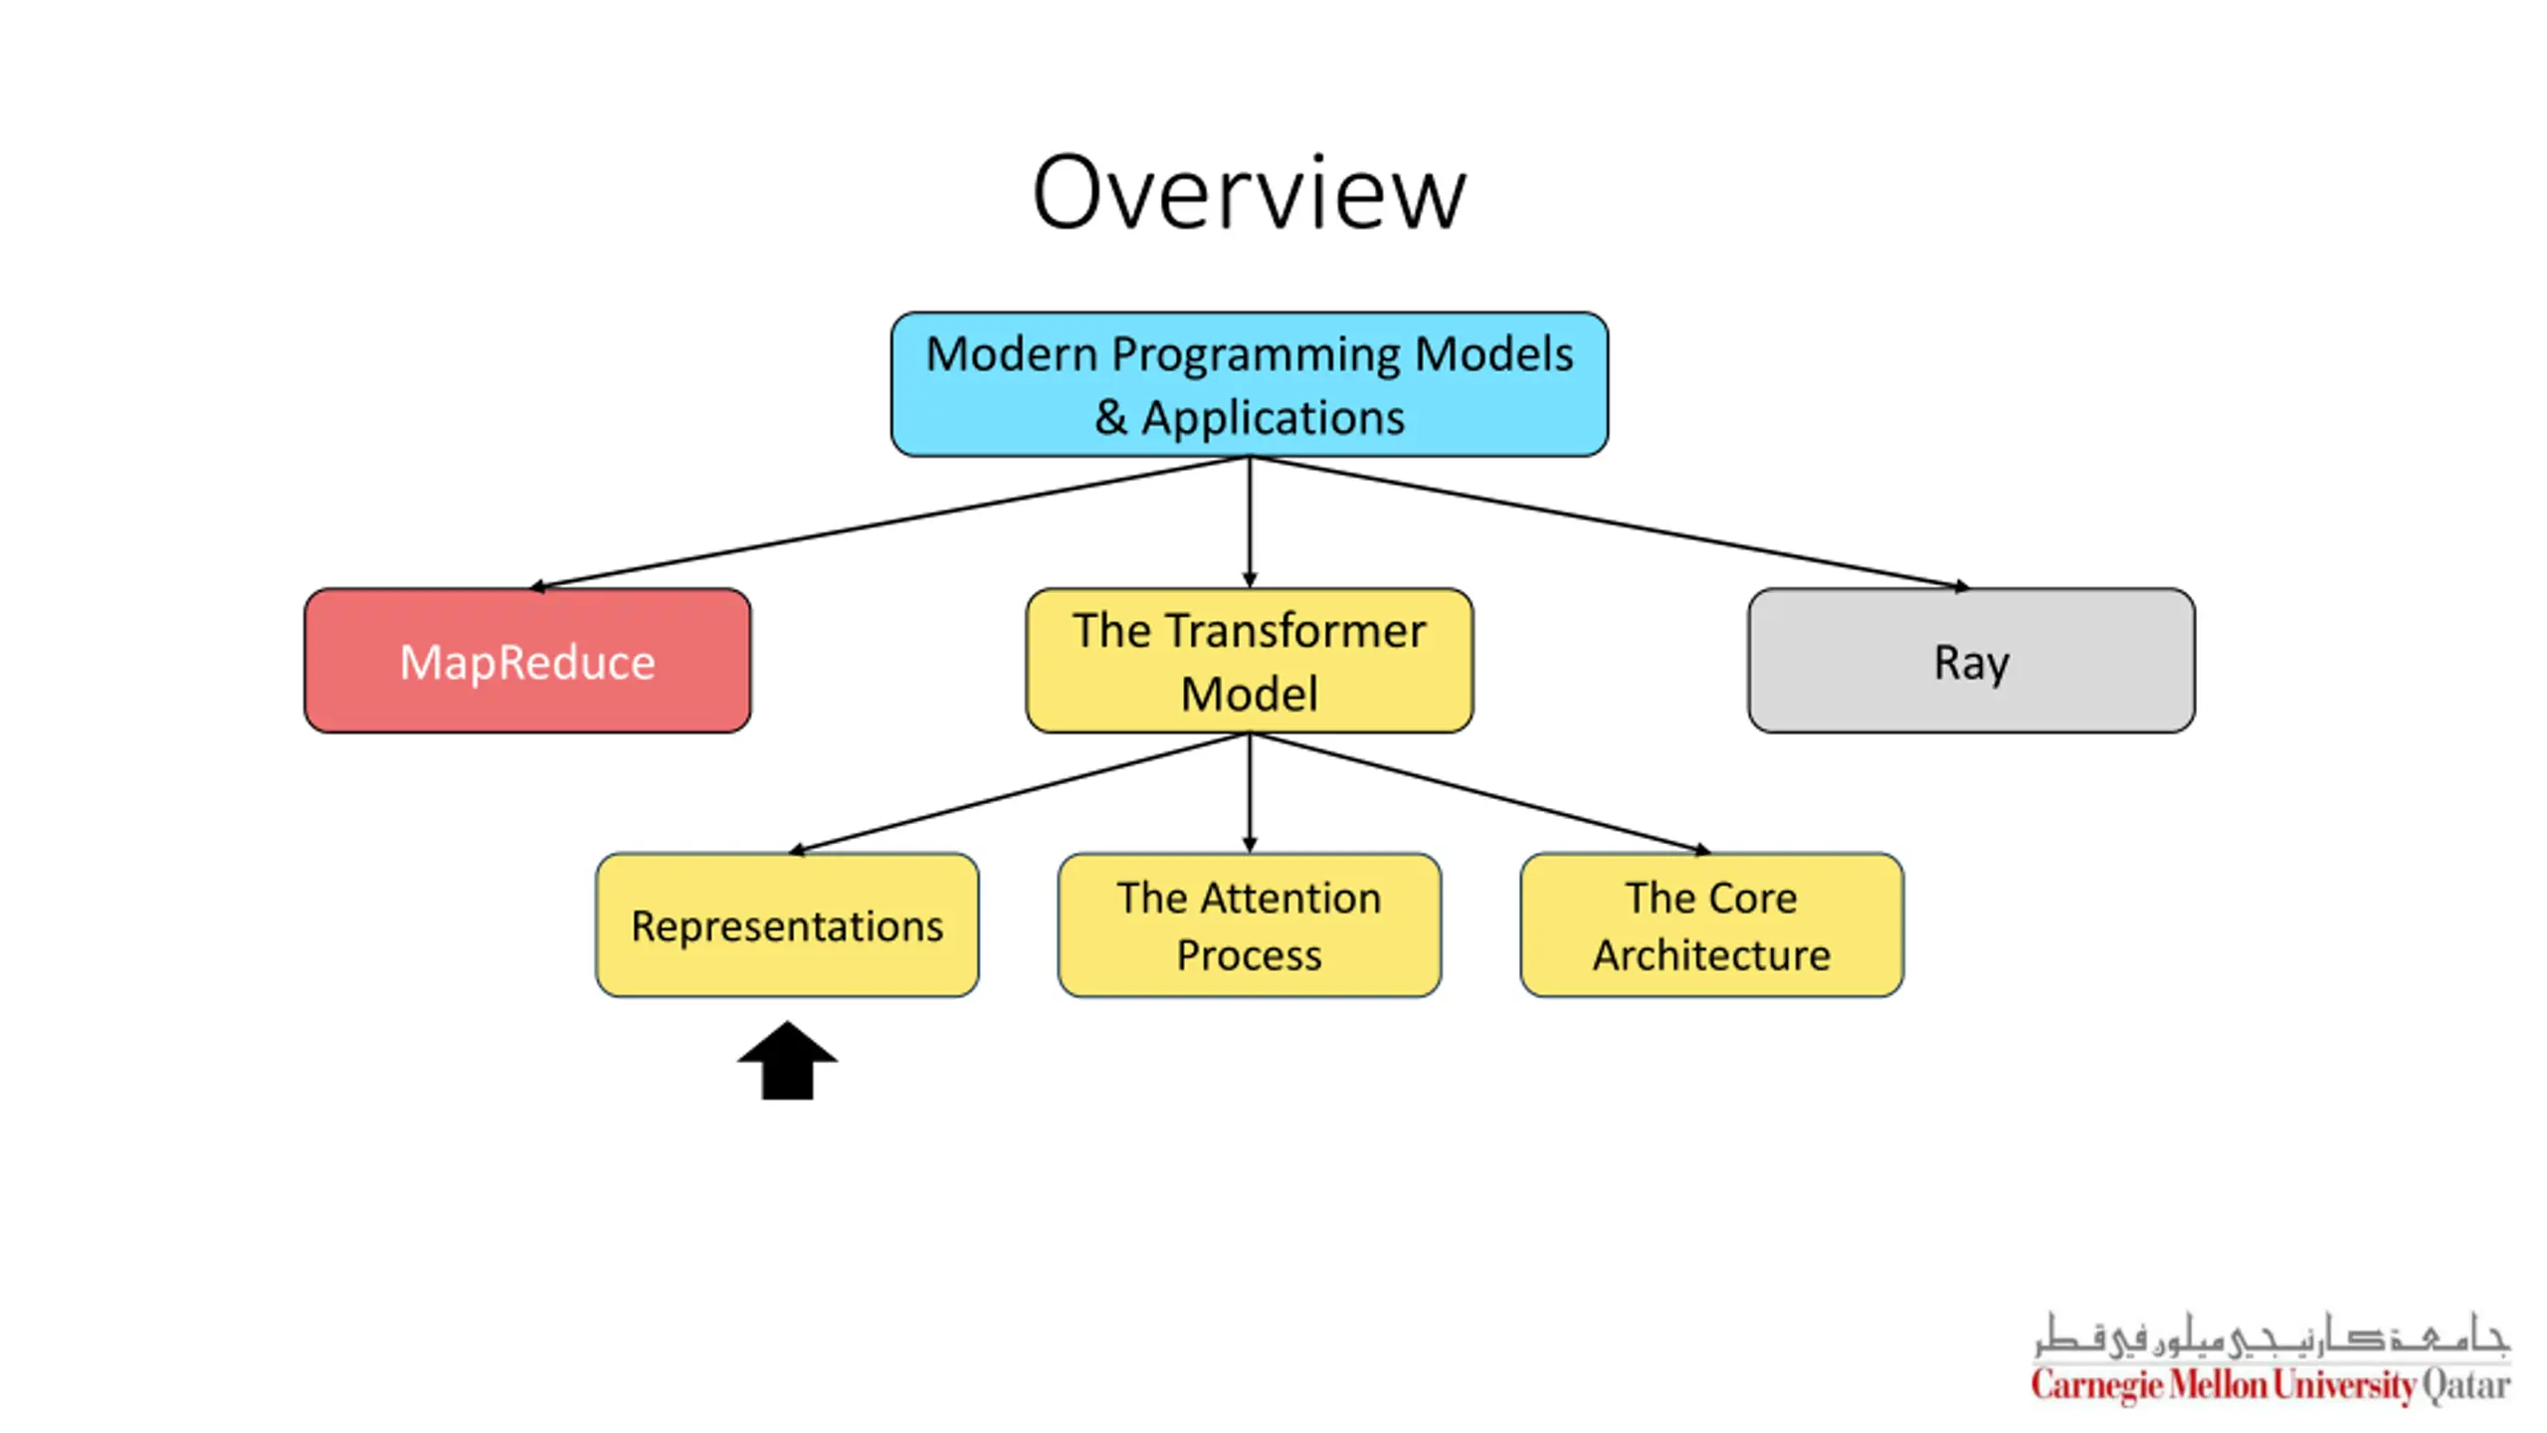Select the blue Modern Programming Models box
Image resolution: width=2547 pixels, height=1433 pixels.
tap(1249, 384)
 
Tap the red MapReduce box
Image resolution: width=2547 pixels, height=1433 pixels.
tap(527, 661)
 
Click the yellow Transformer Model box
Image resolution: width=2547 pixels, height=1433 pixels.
tap(1249, 661)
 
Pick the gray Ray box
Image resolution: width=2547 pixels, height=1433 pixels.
tap(1971, 661)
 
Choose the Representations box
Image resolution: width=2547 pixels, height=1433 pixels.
tap(787, 924)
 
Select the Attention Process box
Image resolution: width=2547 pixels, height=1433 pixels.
tap(1249, 924)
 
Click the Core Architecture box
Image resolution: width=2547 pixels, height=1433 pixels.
tap(1711, 924)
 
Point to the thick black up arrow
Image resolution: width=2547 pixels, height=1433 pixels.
tap(787, 1061)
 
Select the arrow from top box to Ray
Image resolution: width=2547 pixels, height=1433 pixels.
tap(1610, 523)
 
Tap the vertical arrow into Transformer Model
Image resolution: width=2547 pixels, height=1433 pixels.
tap(1250, 522)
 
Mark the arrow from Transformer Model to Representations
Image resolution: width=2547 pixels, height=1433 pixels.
tap(1019, 793)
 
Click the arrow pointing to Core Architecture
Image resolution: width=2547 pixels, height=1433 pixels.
tap(1480, 793)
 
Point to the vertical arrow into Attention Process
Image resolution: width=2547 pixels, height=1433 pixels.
tap(1250, 793)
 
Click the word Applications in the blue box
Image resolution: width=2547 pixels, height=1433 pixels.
tap(1273, 418)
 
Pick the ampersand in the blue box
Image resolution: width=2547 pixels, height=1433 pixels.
tap(1110, 418)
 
